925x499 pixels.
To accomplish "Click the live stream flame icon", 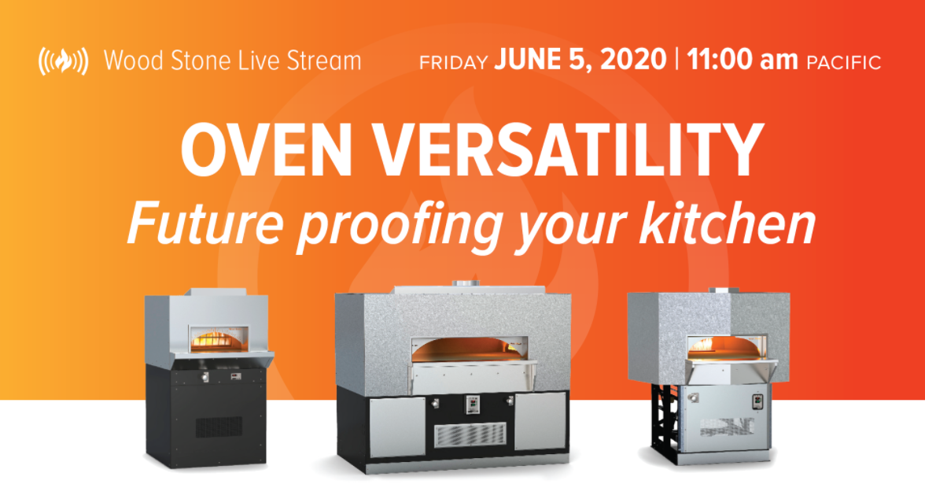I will (63, 61).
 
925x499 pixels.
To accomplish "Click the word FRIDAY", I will (454, 62).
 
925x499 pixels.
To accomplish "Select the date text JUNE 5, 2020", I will (580, 61).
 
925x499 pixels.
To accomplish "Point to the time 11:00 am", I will (742, 61).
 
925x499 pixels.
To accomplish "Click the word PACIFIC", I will (843, 62).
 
